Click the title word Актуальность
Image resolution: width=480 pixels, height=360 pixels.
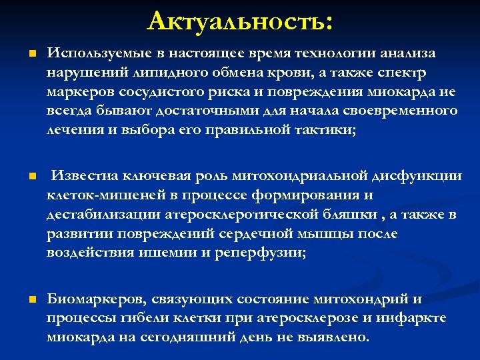coord(239,21)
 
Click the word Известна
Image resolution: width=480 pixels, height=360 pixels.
coord(85,177)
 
